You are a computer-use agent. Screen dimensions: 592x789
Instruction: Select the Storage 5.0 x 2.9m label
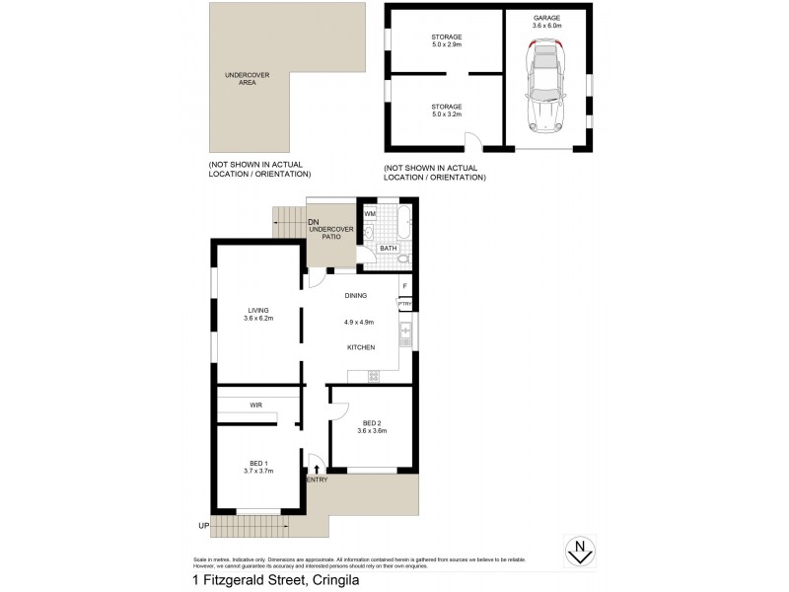pyautogui.click(x=447, y=40)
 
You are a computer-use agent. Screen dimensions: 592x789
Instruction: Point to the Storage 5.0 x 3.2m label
pyautogui.click(x=447, y=110)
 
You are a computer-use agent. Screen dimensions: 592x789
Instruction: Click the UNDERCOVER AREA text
pyautogui.click(x=240, y=79)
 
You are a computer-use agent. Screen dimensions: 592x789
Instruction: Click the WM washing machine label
pyautogui.click(x=370, y=213)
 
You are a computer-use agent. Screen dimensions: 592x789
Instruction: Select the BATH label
pyautogui.click(x=388, y=249)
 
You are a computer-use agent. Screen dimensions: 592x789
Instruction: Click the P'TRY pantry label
pyautogui.click(x=404, y=304)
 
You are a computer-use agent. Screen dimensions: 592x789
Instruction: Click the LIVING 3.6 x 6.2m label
pyautogui.click(x=258, y=315)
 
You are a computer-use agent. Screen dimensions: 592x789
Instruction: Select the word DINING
pyautogui.click(x=356, y=295)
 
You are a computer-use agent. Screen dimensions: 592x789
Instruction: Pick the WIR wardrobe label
pyautogui.click(x=255, y=405)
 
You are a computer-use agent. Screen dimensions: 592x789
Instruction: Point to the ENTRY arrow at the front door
pyautogui.click(x=316, y=469)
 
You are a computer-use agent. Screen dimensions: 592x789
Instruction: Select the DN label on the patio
pyautogui.click(x=314, y=222)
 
